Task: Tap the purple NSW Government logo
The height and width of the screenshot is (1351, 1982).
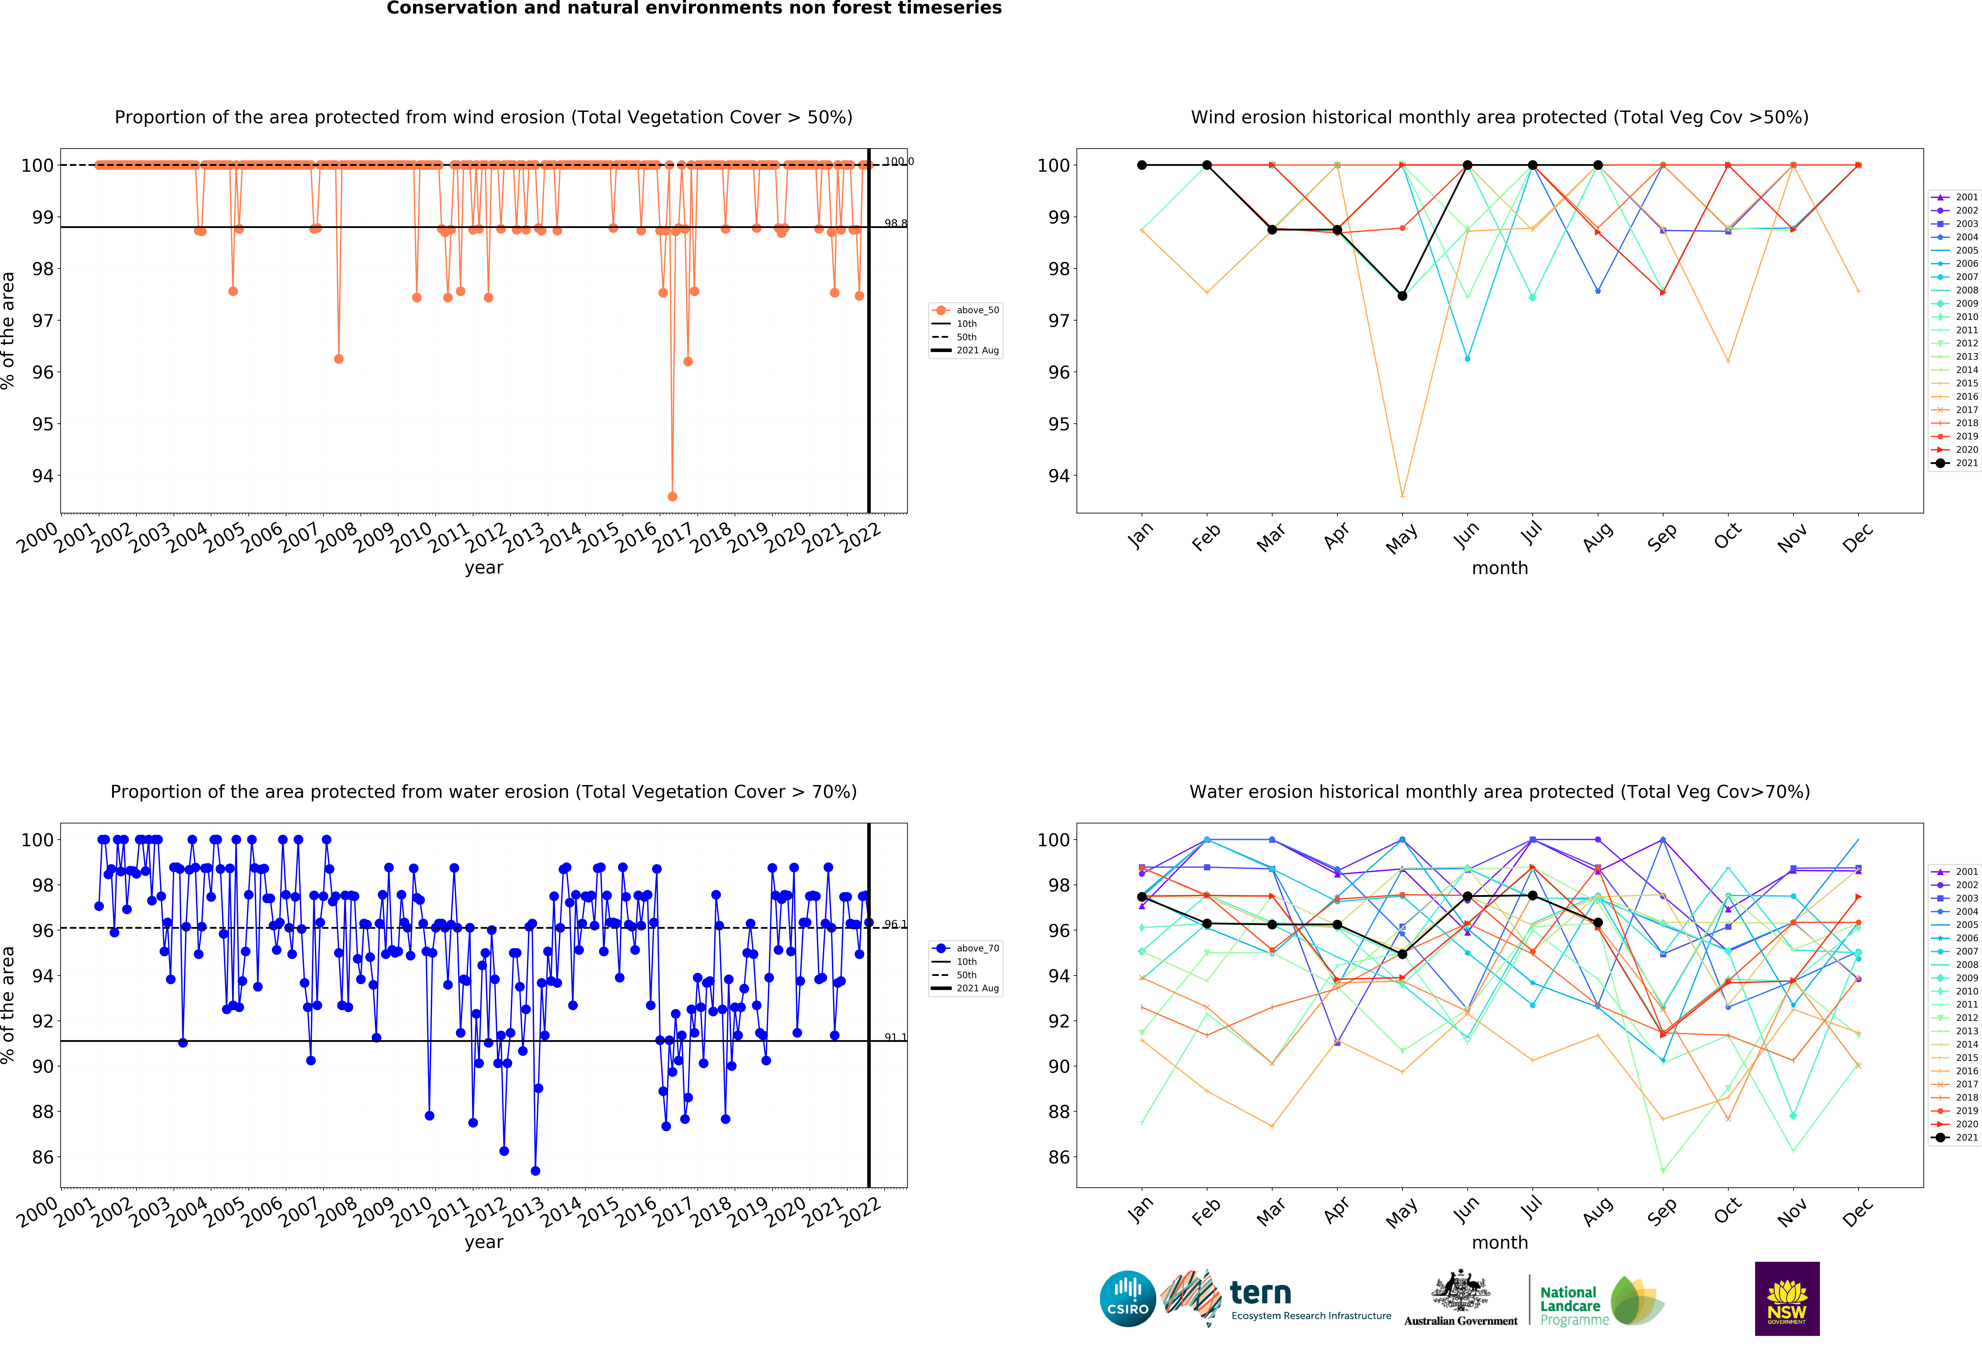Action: (1787, 1298)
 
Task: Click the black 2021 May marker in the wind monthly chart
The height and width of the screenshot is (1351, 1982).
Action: (1402, 296)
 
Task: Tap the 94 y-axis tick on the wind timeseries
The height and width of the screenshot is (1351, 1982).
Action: (43, 476)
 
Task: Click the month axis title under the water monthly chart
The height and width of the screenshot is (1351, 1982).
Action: (1499, 1243)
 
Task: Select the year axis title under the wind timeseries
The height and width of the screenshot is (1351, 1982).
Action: (484, 568)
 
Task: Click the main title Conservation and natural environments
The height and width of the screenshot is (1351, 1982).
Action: (693, 8)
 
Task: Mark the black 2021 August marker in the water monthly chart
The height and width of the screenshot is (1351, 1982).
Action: (1597, 923)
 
